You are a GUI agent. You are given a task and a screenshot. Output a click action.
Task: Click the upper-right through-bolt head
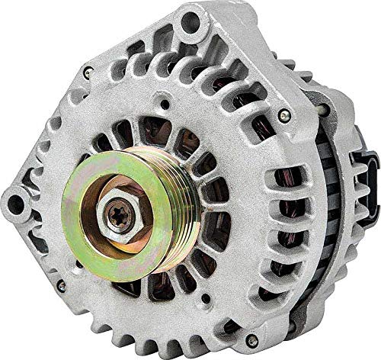click(284, 116)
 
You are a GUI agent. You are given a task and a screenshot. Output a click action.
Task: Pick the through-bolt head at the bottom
click(251, 340)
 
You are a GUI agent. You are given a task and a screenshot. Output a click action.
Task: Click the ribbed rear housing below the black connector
click(347, 252)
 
